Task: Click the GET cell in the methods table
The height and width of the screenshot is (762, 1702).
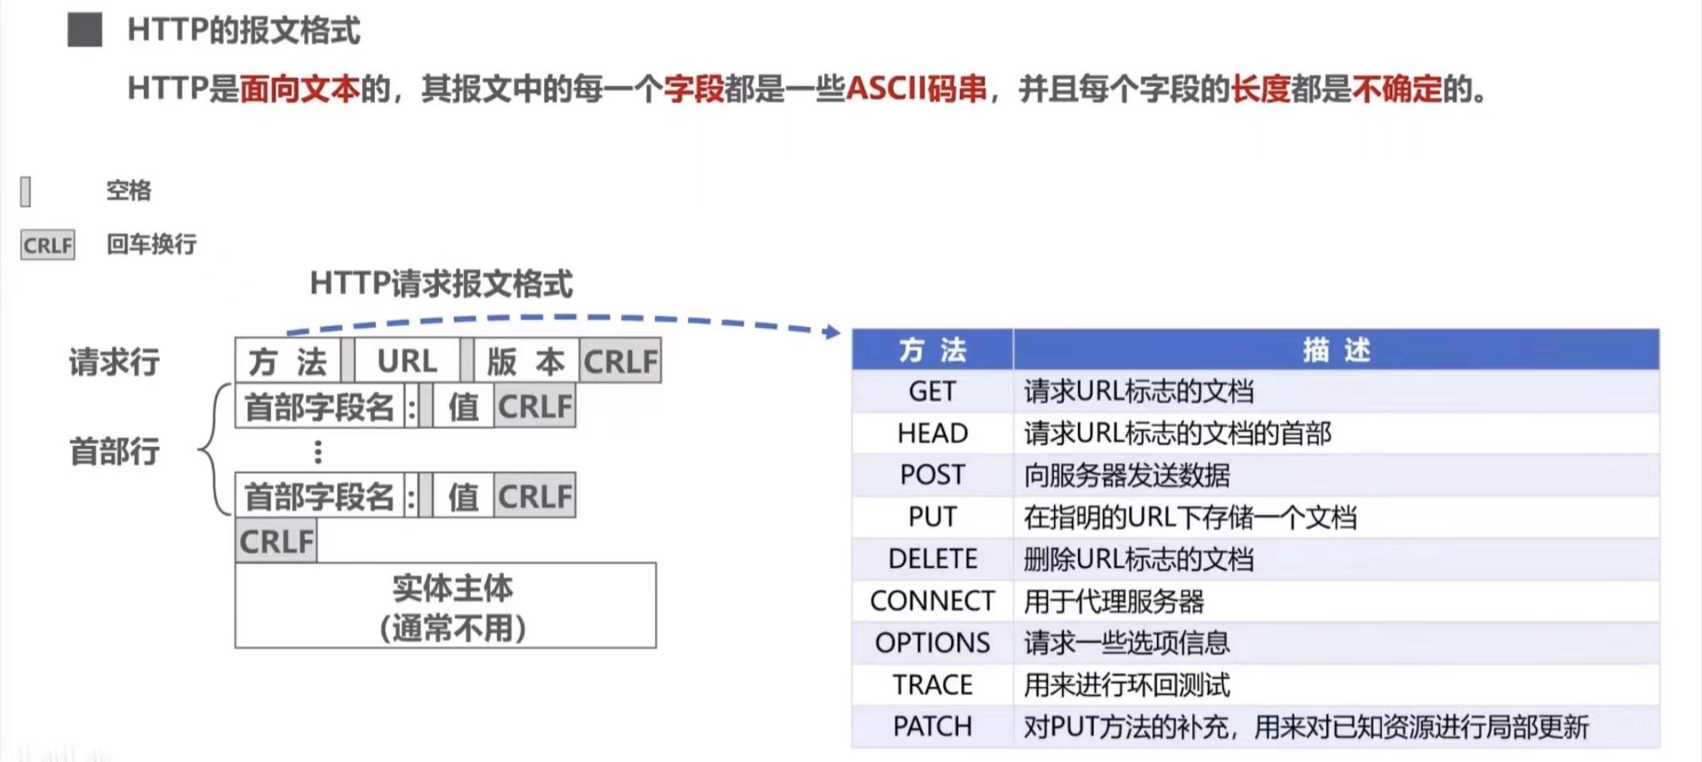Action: coord(931,392)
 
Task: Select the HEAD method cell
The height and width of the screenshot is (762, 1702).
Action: coord(931,433)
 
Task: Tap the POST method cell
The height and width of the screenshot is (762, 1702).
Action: coord(931,476)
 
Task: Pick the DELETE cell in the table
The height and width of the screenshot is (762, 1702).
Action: coord(931,559)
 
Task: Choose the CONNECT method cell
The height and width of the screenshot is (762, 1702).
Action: coord(931,601)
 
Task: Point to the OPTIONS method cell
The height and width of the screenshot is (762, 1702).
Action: coord(931,643)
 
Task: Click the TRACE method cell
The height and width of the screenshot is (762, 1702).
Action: coord(931,685)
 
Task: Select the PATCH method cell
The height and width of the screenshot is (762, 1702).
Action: coord(931,727)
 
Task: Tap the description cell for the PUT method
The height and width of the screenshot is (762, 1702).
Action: coord(1335,517)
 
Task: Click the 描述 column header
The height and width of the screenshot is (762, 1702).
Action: coord(1335,349)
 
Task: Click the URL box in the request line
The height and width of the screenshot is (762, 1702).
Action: coord(407,361)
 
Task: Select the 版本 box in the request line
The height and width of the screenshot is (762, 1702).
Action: coord(526,361)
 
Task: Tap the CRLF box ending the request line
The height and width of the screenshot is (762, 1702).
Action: coord(621,361)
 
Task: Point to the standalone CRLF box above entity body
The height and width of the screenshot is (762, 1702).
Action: coord(276,542)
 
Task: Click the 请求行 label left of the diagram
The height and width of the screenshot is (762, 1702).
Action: coord(114,362)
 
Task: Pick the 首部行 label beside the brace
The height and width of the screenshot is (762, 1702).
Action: coord(114,452)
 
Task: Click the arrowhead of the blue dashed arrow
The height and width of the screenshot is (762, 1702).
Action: coord(834,331)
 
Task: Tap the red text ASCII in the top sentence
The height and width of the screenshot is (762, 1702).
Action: coord(885,89)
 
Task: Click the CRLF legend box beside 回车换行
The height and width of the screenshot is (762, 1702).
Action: coord(48,245)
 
